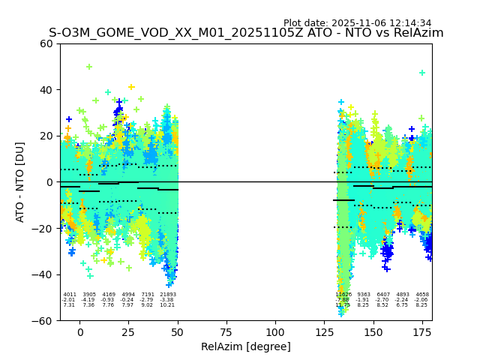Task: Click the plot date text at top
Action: [357, 23]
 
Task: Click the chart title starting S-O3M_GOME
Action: [246, 33]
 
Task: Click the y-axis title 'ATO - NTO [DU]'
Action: [20, 181]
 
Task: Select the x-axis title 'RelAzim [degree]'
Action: [246, 346]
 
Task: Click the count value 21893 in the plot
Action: [168, 295]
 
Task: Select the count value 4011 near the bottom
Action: [70, 295]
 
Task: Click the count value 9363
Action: [364, 295]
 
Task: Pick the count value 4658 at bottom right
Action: [422, 295]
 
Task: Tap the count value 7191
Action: [148, 295]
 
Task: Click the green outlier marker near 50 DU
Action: [89, 67]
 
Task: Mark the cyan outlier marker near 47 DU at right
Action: [422, 73]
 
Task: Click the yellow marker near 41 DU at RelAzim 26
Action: [131, 87]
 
